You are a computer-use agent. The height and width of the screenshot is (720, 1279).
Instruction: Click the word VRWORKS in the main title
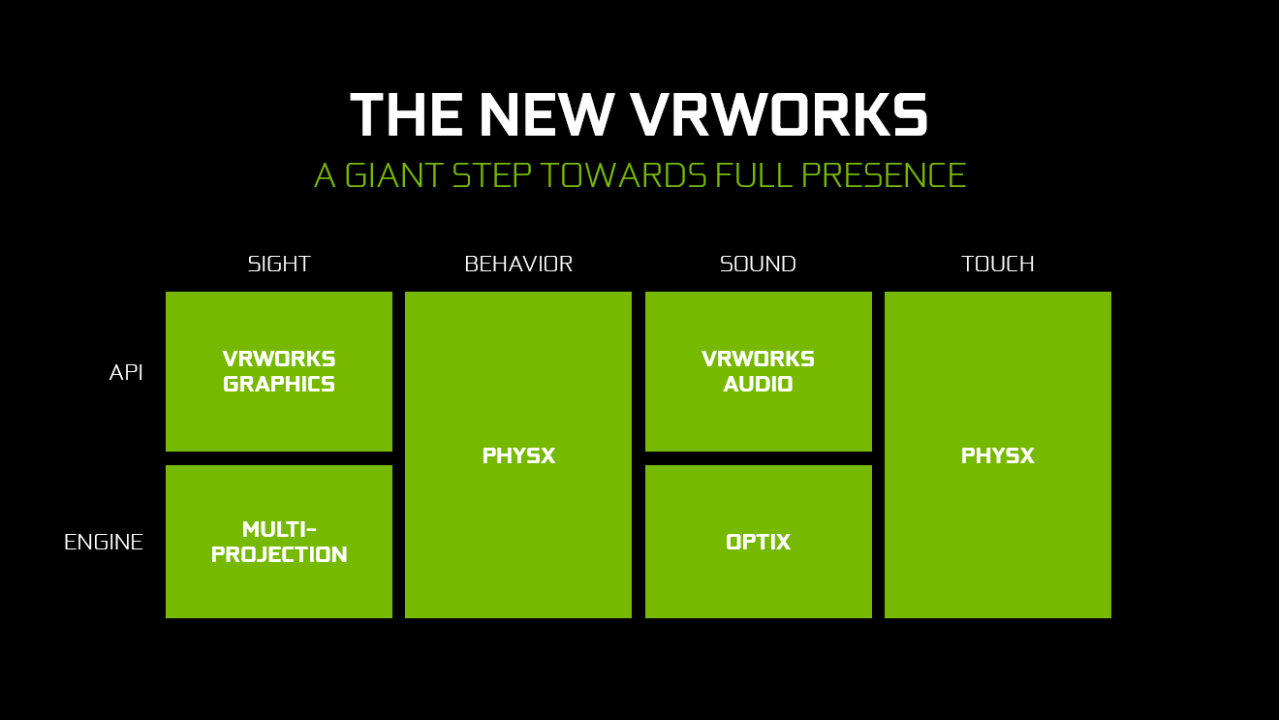[779, 114]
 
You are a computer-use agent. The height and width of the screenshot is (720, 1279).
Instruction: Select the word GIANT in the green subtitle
[394, 174]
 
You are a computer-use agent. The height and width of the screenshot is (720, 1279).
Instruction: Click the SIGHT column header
[279, 264]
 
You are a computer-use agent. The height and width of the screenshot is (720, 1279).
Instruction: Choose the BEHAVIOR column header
[518, 264]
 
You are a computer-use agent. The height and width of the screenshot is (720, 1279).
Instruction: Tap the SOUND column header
[758, 264]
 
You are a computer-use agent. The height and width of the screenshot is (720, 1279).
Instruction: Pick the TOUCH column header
[997, 264]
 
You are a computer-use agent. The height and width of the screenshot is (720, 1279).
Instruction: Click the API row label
[126, 372]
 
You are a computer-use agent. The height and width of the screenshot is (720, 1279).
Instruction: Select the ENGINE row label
[104, 542]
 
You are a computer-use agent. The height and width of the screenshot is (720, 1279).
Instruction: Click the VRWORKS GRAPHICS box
[279, 372]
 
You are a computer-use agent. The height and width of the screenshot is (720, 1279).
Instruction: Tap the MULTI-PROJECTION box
[279, 542]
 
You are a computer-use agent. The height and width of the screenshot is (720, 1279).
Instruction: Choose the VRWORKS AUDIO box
[759, 372]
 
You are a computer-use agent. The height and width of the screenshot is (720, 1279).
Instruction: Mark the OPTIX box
[759, 542]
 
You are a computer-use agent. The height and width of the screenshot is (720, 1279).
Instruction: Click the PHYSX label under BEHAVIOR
[518, 455]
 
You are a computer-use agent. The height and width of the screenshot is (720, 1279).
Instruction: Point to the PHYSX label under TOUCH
[997, 455]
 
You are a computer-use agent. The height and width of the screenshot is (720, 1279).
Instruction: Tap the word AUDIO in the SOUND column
[759, 385]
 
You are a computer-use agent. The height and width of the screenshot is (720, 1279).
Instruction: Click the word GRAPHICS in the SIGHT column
[279, 385]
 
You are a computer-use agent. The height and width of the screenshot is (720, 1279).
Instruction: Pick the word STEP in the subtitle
[491, 174]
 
